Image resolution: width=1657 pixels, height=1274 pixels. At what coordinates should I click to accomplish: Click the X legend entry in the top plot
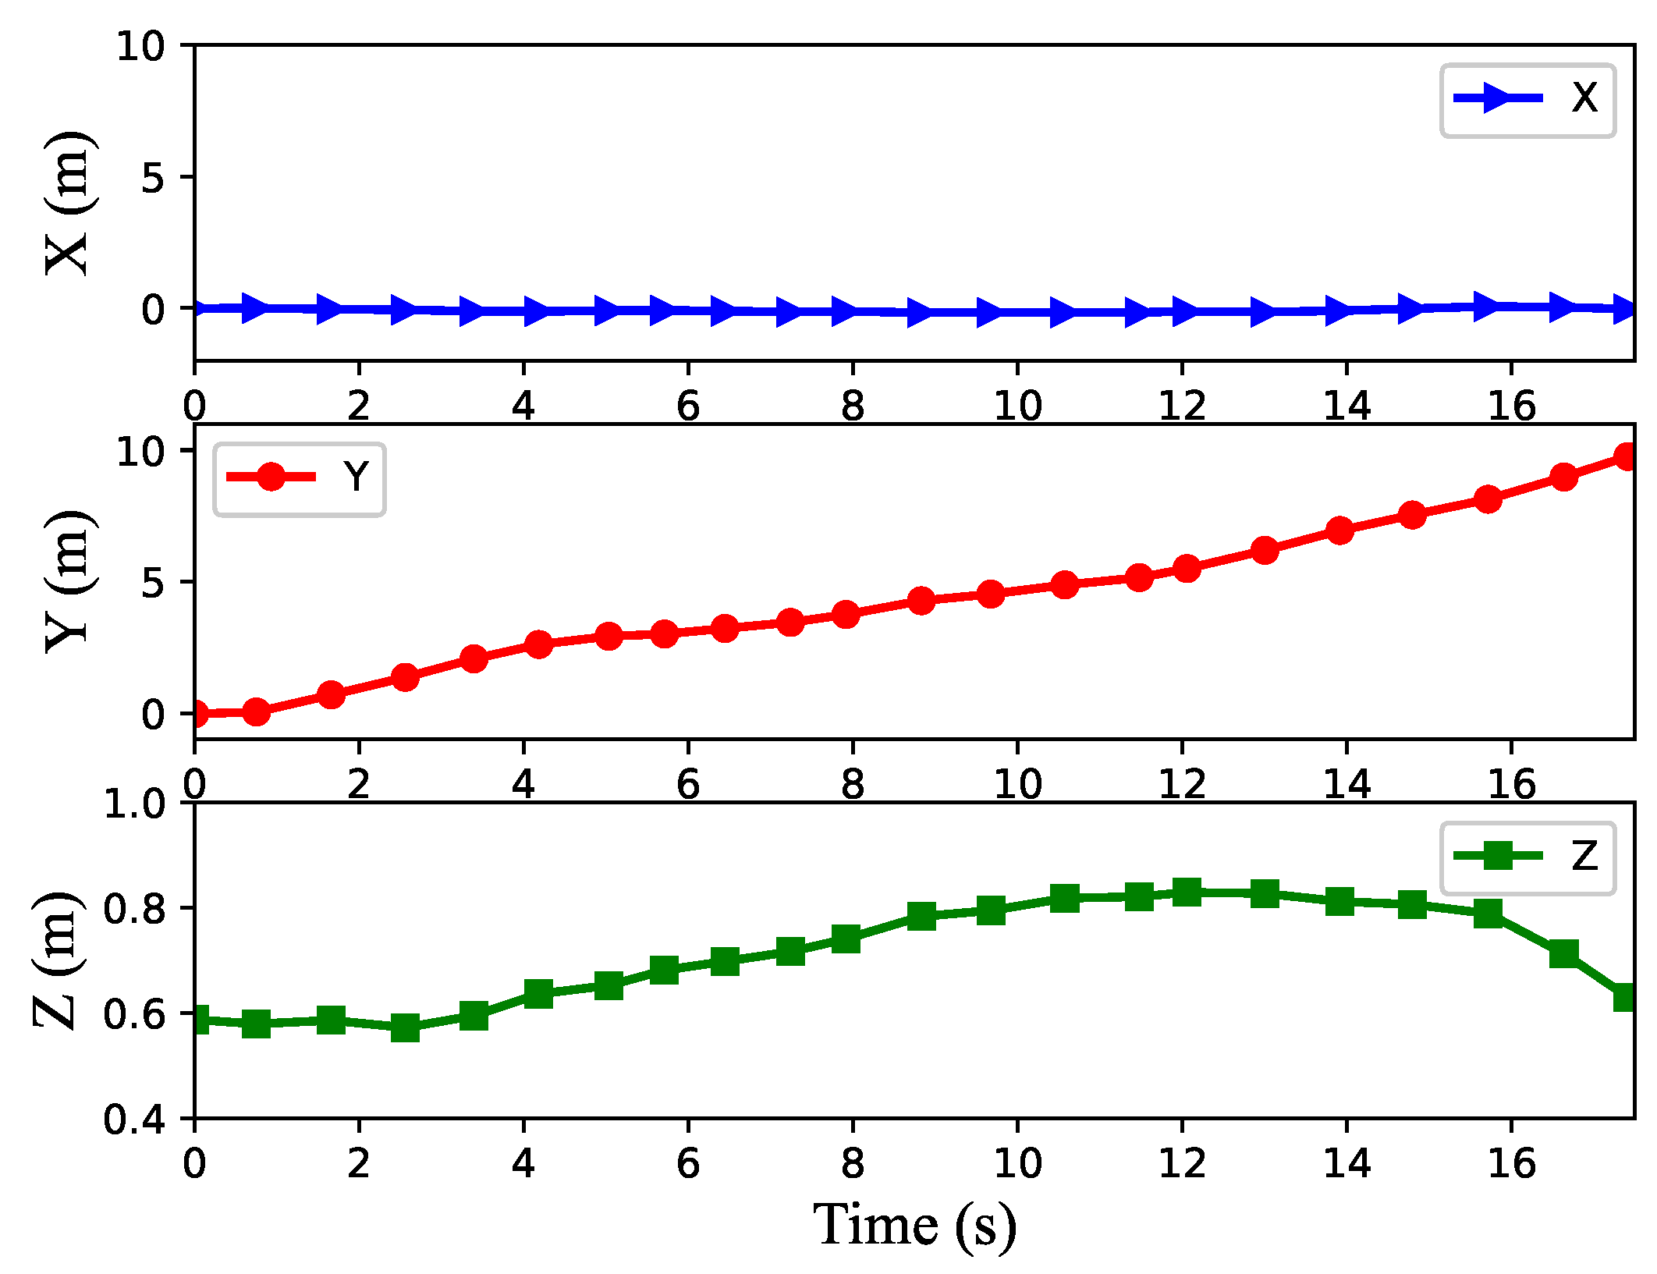[1527, 99]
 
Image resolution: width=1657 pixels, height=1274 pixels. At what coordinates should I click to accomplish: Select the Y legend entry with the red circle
[300, 477]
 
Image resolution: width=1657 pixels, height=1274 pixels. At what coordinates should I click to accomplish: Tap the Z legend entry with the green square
[1527, 857]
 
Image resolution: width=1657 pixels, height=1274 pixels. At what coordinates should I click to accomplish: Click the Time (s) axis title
[914, 1226]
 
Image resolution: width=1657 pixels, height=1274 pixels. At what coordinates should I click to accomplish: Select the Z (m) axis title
[56, 960]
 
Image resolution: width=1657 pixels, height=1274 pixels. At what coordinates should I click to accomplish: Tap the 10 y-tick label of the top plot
[140, 47]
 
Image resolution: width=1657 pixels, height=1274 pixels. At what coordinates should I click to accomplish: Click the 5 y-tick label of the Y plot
[153, 583]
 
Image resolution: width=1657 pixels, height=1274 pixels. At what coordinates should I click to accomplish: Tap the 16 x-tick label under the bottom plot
[1511, 1163]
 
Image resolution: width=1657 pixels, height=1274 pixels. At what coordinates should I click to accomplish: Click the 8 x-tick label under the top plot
[853, 406]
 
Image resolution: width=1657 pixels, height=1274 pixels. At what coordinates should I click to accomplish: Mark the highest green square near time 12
[1187, 891]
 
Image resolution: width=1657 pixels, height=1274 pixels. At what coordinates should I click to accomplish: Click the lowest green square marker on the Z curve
[405, 1027]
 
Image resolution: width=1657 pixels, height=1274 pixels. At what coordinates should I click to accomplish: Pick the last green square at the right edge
[1626, 997]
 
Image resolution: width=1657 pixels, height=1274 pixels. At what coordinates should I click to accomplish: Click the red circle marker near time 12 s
[1187, 569]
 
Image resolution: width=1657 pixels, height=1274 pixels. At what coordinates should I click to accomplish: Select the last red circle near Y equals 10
[1627, 457]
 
